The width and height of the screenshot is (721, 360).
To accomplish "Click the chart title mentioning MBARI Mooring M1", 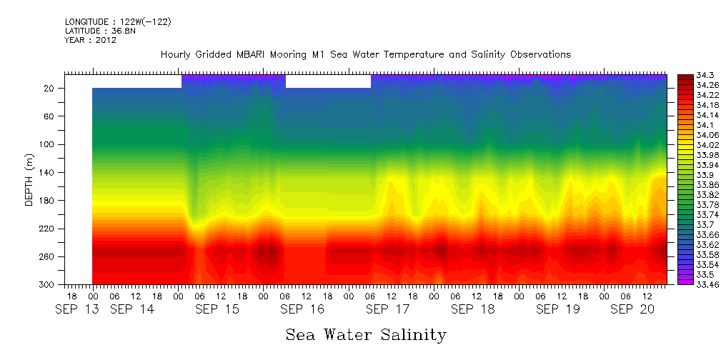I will [365, 54].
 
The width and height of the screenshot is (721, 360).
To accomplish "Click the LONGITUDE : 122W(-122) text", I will [118, 22].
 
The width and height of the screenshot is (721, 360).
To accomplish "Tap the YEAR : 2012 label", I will [90, 40].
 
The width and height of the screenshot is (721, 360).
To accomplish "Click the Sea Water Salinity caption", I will [366, 334].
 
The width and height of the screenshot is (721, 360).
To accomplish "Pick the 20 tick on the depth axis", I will [50, 88].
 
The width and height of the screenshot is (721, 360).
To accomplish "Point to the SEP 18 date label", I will [472, 309].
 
